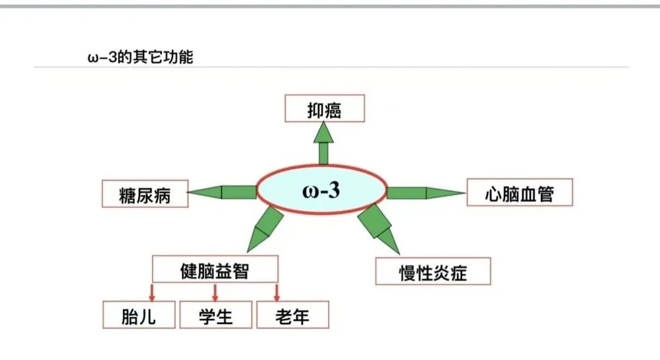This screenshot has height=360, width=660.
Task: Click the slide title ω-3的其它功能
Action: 141,57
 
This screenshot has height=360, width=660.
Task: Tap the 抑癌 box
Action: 324,109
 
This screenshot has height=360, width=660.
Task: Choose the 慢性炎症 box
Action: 433,271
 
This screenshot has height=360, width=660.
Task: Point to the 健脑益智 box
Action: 215,269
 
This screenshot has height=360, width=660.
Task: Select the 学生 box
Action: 216,315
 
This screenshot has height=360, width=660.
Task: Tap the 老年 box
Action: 293,315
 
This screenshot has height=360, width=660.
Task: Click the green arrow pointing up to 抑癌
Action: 323,142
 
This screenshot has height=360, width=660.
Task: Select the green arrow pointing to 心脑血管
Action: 425,193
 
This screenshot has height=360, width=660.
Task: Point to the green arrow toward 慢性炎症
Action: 378,227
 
